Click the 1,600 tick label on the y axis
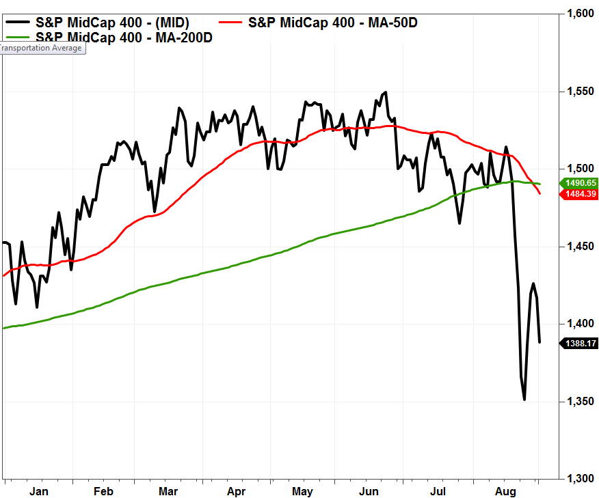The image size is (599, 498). [x=581, y=14]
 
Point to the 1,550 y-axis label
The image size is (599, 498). [x=581, y=92]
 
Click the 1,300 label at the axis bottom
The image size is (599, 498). [x=581, y=479]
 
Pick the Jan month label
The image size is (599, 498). [x=39, y=491]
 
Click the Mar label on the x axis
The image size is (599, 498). [x=168, y=491]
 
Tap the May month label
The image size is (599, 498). [x=302, y=491]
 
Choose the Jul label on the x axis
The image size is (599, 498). [x=438, y=491]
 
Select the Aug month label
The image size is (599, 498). [x=505, y=491]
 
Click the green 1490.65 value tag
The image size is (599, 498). [x=578, y=183]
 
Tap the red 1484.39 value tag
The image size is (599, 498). [x=578, y=195]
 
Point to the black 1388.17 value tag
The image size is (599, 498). [x=578, y=343]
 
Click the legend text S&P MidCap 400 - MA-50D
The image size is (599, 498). [x=332, y=23]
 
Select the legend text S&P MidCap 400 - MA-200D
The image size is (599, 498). [x=124, y=38]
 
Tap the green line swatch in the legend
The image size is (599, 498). [x=18, y=38]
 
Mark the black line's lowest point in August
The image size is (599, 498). [x=524, y=400]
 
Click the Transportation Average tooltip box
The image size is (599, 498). [x=42, y=49]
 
